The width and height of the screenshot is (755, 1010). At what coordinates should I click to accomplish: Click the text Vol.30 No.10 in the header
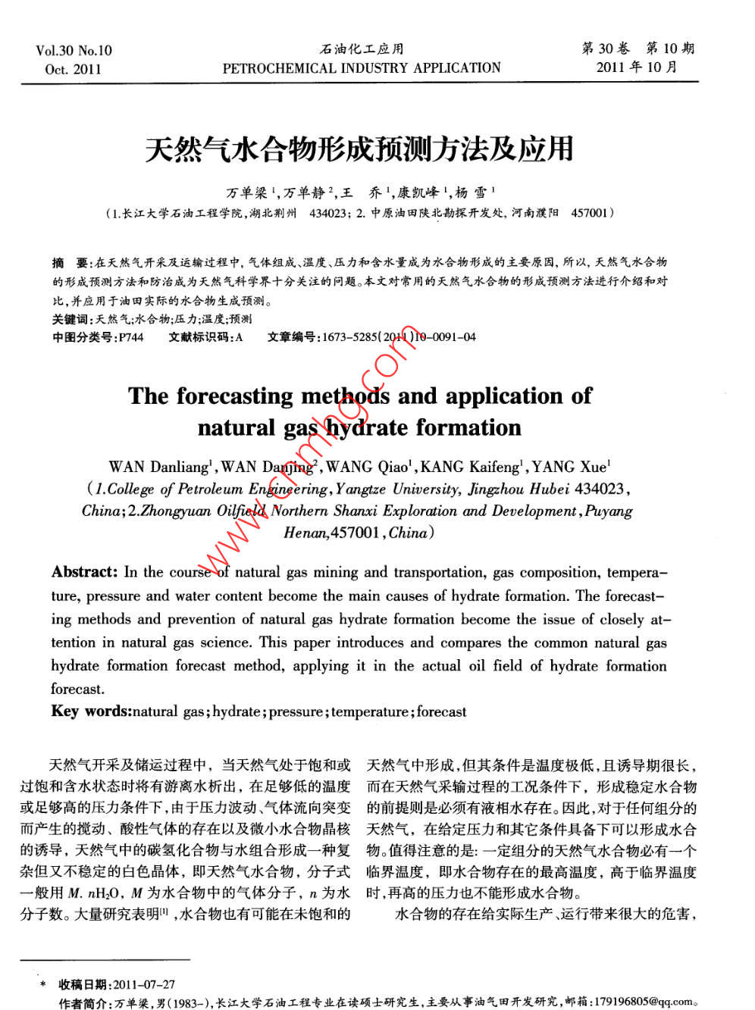tap(74, 51)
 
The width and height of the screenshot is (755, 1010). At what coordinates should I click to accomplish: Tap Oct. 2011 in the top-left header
tap(73, 70)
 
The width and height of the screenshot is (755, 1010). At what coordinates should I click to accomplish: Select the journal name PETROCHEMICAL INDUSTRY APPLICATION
tap(362, 68)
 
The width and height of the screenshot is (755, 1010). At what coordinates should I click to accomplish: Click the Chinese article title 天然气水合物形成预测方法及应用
tap(359, 149)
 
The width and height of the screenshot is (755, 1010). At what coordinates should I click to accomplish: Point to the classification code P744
tap(130, 337)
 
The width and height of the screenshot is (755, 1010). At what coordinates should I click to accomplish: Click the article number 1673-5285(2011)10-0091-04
tap(399, 337)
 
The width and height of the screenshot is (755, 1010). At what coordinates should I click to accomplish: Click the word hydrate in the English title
tap(366, 428)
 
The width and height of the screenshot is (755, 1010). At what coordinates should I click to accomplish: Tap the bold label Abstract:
tap(84, 572)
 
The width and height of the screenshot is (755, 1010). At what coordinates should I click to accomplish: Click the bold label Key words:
tap(91, 711)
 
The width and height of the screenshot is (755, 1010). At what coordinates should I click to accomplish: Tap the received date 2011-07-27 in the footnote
tap(143, 984)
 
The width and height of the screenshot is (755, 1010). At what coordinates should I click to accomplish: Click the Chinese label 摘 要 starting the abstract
tap(70, 262)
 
